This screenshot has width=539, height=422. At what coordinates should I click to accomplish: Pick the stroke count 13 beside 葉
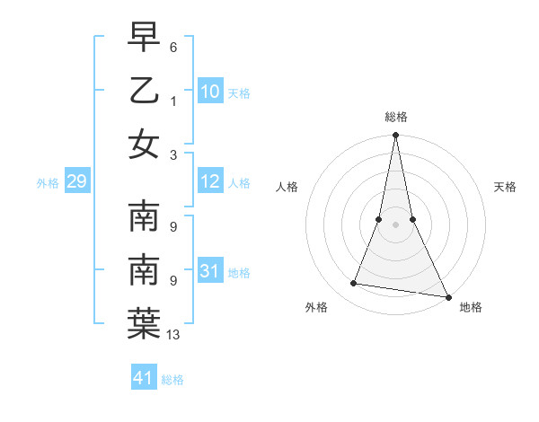[173, 335]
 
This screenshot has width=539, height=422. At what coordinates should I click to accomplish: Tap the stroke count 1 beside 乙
[172, 101]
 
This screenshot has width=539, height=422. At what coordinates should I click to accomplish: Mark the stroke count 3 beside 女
[172, 154]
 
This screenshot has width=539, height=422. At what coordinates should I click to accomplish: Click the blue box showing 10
[210, 92]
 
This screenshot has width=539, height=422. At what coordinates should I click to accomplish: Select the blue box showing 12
[210, 182]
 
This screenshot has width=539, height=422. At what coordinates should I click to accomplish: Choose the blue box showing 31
[210, 271]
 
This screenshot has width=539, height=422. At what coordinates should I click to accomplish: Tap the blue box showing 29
[76, 182]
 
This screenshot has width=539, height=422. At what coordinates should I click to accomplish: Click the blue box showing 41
[144, 378]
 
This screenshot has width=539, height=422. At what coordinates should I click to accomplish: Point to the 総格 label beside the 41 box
[172, 380]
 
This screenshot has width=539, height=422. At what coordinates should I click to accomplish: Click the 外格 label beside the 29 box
[48, 183]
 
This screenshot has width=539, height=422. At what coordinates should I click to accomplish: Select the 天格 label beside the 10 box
[239, 92]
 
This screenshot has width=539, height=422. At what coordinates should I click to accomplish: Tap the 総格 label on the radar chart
[395, 117]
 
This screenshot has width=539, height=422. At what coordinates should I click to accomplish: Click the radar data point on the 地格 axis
[447, 295]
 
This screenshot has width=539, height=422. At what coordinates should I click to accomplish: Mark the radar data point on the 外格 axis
[354, 284]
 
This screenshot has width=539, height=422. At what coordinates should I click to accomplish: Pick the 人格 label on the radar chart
[287, 187]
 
